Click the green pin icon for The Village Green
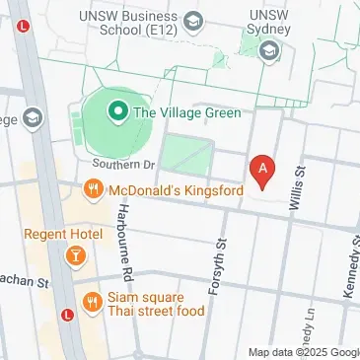click(x=117, y=111)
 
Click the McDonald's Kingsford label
click(x=174, y=189)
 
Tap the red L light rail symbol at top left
click(x=22, y=29)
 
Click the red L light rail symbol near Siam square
click(x=67, y=316)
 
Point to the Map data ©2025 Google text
click(x=303, y=352)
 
